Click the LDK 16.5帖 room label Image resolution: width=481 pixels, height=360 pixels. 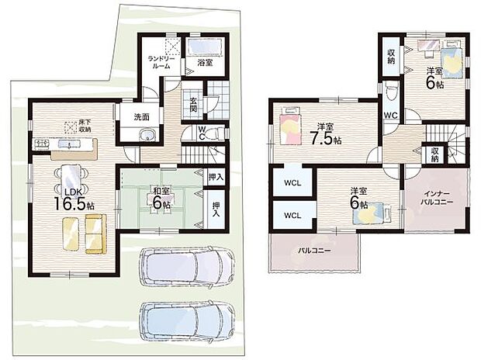pyautogui.click(x=74, y=200)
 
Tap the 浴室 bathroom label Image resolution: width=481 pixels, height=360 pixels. pyautogui.click(x=205, y=64)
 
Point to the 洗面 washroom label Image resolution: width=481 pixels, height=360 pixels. pyautogui.click(x=141, y=116)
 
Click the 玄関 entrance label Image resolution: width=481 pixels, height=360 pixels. pyautogui.click(x=193, y=105)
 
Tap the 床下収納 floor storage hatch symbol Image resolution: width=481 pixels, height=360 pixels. pyautogui.click(x=71, y=126)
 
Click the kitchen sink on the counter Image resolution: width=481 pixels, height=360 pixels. pyautogui.click(x=69, y=143)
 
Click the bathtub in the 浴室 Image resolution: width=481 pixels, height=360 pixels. pyautogui.click(x=205, y=47)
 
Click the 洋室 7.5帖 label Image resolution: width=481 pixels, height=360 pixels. pyautogui.click(x=325, y=134)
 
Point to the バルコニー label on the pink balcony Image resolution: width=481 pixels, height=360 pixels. pyautogui.click(x=315, y=251)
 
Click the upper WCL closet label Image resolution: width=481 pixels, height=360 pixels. pyautogui.click(x=292, y=183)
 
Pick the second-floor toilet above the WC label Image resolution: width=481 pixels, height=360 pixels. pyautogui.click(x=391, y=90)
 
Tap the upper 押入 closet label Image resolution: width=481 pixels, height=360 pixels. pyautogui.click(x=216, y=177)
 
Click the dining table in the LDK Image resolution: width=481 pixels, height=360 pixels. pyautogui.click(x=71, y=178)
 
